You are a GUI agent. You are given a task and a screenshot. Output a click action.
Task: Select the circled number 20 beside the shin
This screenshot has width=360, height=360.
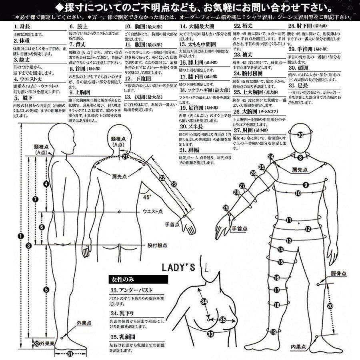pos(330,306)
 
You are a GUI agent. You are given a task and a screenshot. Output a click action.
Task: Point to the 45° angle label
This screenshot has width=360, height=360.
pos(148,197)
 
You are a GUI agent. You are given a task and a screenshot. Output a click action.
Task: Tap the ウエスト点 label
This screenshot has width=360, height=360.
pos(152,211)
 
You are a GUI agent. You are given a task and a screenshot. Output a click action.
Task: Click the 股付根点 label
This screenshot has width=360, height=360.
pos(157,245)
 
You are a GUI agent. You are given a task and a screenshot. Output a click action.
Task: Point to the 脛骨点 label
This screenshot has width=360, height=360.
pos(338,274)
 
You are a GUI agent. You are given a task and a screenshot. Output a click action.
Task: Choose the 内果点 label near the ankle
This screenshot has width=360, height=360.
pos(298,346)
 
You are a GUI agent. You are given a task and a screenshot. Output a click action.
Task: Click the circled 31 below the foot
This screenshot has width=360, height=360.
pos(70,354)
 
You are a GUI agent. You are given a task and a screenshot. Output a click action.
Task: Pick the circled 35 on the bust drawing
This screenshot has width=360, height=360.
pos(223,319)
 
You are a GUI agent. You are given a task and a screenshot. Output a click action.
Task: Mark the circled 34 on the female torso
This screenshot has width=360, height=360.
pos(204,302)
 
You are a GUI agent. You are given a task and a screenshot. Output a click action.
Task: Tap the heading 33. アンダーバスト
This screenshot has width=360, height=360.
pos(130,290)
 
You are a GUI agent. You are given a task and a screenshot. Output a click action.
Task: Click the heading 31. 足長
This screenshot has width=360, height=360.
pos(298,85)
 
